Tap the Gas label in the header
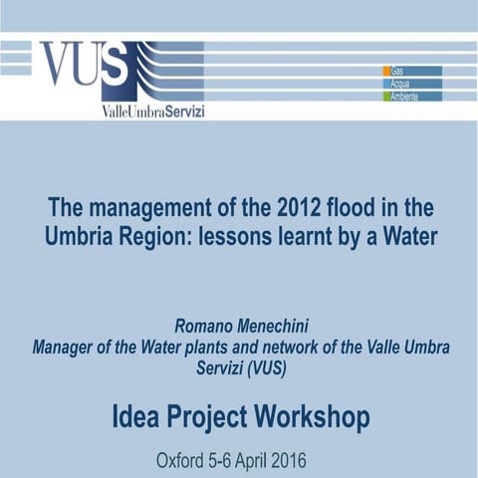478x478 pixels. (x=397, y=71)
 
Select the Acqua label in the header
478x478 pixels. (x=400, y=84)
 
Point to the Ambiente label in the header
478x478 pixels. (x=405, y=97)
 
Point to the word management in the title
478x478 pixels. (x=160, y=210)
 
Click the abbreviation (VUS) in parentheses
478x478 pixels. (x=271, y=367)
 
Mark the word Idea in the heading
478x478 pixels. (x=136, y=416)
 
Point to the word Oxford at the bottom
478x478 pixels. (x=182, y=461)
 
